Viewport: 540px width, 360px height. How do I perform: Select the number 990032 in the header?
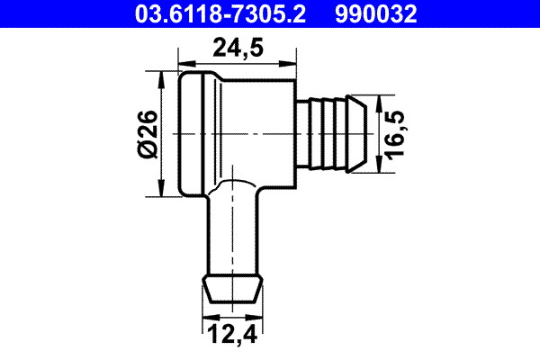pos(379,13)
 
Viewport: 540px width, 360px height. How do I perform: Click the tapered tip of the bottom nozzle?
pos(232,291)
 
